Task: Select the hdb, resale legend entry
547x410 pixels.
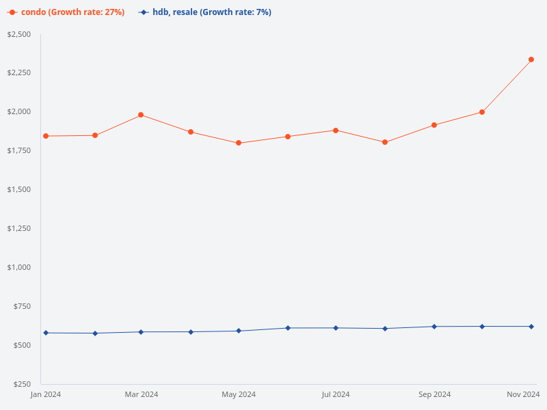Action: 205,12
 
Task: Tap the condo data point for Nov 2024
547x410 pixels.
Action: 531,59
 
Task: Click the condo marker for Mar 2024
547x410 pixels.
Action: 141,115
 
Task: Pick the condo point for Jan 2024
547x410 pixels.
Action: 46,136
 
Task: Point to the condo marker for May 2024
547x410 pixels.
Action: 239,143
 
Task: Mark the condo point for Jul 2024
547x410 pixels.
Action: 336,131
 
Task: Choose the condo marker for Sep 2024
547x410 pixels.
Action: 434,125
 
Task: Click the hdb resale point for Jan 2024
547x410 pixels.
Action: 46,333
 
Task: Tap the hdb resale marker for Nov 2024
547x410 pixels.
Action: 531,327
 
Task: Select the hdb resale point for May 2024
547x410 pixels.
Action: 239,331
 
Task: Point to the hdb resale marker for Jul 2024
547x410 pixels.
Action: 336,328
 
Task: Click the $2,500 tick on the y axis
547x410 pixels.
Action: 19,34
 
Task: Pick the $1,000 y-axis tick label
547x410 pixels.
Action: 19,267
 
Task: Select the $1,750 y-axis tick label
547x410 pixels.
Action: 19,150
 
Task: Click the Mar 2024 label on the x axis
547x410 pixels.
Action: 141,394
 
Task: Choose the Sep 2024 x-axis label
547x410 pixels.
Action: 434,394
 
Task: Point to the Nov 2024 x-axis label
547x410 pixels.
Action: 524,394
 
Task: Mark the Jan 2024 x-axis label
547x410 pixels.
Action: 46,394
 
